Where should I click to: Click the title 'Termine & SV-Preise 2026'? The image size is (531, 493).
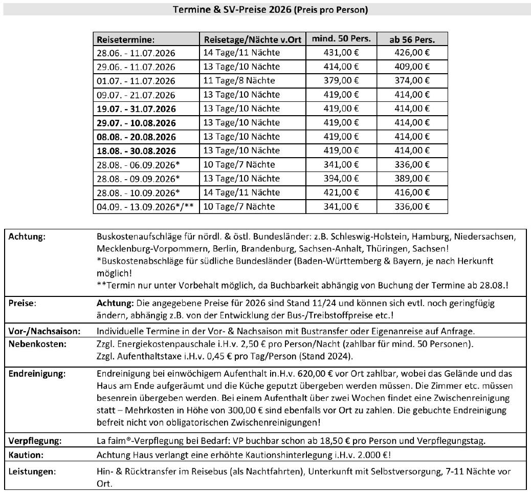265,10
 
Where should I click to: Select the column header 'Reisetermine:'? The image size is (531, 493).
125,39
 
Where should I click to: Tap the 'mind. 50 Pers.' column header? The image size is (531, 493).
341,39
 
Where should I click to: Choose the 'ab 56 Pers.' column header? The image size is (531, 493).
412,39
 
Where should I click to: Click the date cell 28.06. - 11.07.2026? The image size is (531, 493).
136,53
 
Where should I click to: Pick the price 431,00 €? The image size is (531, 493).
341,52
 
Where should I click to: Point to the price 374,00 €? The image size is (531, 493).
412,80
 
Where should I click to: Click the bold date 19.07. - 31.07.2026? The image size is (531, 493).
136,109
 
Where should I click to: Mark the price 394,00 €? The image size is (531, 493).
341,178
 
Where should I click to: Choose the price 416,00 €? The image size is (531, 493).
412,192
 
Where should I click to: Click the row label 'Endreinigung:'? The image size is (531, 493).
37,373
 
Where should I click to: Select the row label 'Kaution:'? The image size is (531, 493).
26,454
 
